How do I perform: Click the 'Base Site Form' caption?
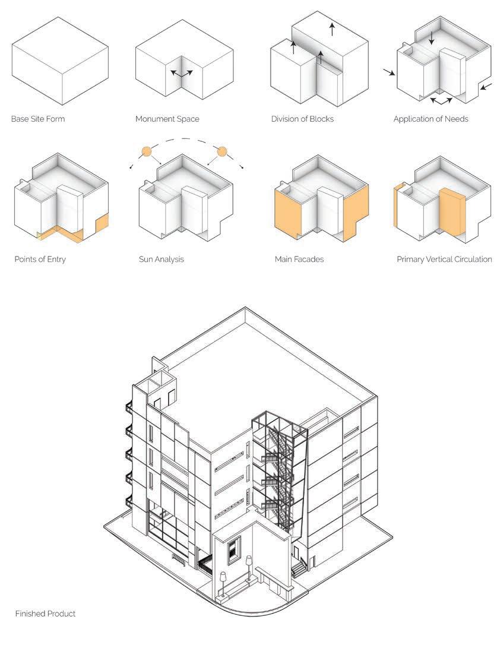point(38,119)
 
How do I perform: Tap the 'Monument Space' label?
point(167,119)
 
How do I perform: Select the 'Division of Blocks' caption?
point(302,119)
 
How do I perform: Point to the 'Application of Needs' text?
point(430,119)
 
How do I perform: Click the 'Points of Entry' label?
point(40,260)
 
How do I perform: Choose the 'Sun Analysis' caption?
point(161,260)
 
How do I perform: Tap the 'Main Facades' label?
point(299,260)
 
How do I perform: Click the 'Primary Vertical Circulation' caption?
point(444,260)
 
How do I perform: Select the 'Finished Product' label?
point(45,614)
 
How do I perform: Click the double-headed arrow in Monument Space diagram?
point(182,73)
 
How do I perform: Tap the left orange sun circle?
point(146,151)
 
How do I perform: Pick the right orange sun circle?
point(222,151)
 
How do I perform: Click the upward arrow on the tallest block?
point(332,29)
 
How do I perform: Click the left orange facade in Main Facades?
point(288,211)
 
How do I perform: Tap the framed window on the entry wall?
point(234,549)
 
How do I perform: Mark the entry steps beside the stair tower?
point(299,568)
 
